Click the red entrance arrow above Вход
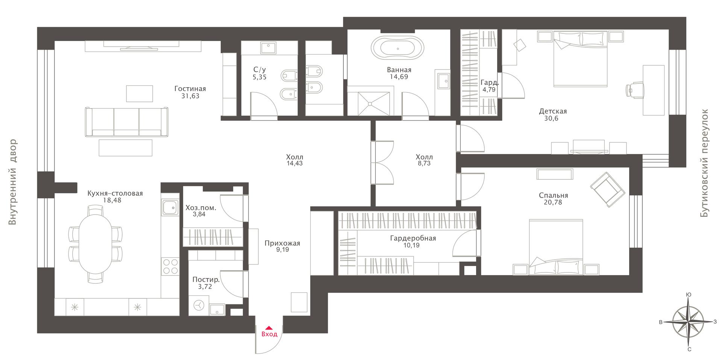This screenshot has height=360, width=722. click(269, 328)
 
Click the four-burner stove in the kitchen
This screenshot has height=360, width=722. click(170, 266)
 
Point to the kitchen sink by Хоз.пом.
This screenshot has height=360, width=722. click(170, 207)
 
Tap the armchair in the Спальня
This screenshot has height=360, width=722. click(607, 189)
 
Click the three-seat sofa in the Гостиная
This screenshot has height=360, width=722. click(126, 122)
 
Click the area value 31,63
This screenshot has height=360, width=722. click(190, 96)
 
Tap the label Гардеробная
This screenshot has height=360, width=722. click(413, 238)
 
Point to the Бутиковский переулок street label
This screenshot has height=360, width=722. click(704, 163)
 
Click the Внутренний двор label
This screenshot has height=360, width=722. click(13, 182)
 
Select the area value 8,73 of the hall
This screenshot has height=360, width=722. click(424, 164)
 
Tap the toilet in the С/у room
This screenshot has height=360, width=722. click(288, 76)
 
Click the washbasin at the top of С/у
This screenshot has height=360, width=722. click(268, 47)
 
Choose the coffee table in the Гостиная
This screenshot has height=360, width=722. click(126, 148)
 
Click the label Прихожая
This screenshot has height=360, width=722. click(282, 243)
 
